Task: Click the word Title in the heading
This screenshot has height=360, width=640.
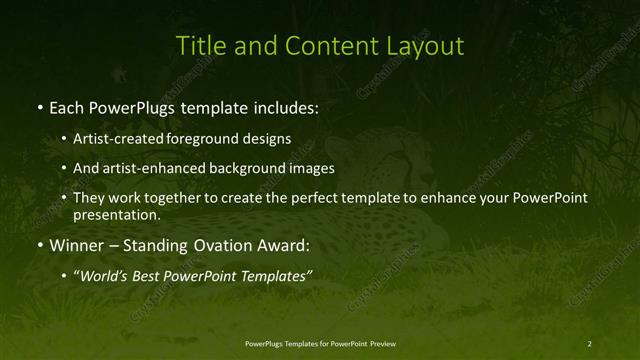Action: point(196,46)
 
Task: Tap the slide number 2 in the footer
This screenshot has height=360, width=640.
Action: point(589,344)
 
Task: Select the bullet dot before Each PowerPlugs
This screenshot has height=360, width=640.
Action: point(38,106)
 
